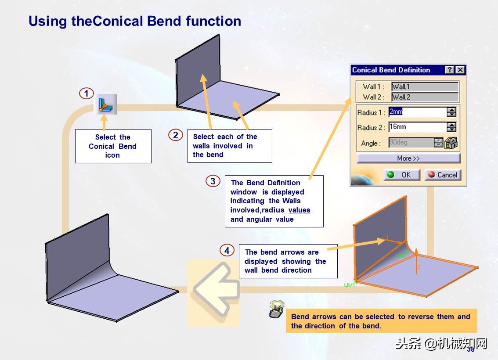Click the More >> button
(x=408, y=158)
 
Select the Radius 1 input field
(x=417, y=112)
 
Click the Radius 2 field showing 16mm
(x=417, y=127)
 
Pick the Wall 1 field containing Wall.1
(x=425, y=86)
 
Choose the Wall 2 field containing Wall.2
(x=425, y=97)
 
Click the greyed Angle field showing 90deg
(x=411, y=143)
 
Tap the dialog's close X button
(x=460, y=70)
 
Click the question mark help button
(x=449, y=70)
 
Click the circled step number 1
(x=87, y=94)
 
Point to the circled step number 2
(x=175, y=135)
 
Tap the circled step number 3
(x=213, y=181)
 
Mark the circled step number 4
(x=227, y=251)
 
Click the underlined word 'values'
(x=299, y=210)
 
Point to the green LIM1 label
(x=350, y=285)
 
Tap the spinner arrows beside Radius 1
(x=451, y=112)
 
